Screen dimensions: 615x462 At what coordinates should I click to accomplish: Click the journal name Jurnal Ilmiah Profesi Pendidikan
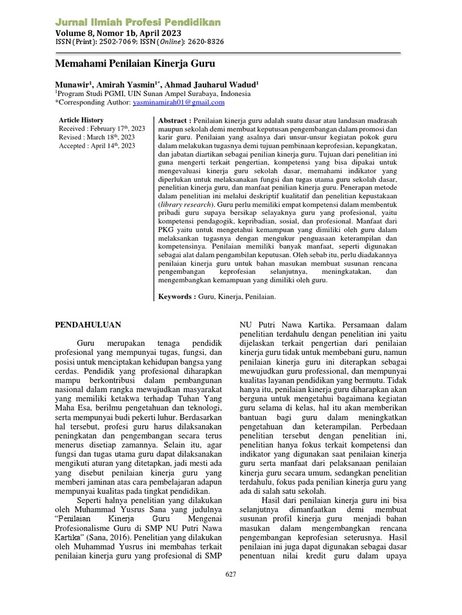[138, 22]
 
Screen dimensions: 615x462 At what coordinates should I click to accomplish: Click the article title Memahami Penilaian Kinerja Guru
[135, 63]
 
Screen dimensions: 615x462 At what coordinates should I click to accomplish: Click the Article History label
[81, 120]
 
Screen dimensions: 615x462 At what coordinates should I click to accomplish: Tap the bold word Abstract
[174, 120]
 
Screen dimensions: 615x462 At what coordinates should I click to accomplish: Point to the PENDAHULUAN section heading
[88, 325]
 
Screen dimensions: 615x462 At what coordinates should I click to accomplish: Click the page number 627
[230, 574]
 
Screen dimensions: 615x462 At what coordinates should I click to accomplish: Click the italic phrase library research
[186, 204]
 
